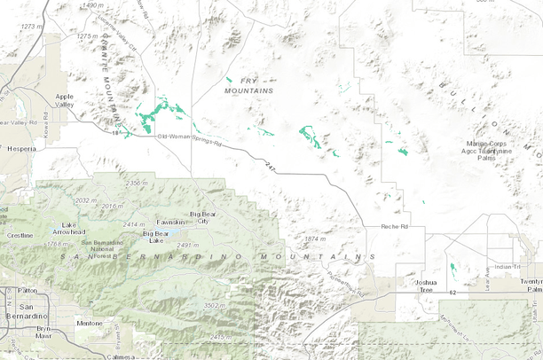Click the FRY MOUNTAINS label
pos(248,86)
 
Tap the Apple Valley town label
pos(65,100)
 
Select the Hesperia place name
pos(20,150)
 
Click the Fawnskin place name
pos(170,222)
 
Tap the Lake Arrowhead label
pos(68,228)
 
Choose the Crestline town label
pos(20,236)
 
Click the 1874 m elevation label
pos(316,239)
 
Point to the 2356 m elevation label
pos(137,183)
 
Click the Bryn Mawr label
pos(43,333)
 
